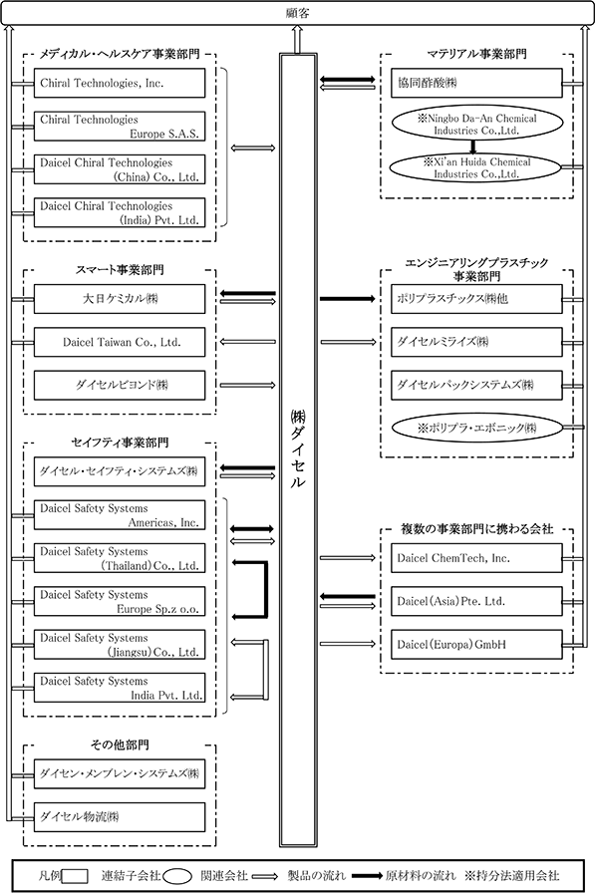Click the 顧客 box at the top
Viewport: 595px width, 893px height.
click(297, 13)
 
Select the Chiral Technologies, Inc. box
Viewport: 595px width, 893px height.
click(120, 83)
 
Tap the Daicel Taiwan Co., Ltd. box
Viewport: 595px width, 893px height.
click(120, 342)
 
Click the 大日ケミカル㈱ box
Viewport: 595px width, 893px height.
click(120, 299)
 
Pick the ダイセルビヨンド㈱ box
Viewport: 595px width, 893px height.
click(120, 386)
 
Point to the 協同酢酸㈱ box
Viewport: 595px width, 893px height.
click(476, 83)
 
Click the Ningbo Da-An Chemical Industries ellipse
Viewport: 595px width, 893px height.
click(476, 125)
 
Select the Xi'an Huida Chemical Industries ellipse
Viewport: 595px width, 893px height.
click(476, 167)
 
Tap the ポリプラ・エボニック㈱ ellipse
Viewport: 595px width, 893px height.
click(476, 429)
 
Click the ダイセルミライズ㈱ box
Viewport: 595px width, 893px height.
click(476, 342)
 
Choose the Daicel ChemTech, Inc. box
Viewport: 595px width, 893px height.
click(476, 558)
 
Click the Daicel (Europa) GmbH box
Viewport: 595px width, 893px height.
click(476, 645)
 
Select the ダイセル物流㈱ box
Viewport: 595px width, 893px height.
click(120, 817)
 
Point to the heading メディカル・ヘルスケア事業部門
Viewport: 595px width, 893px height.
click(120, 54)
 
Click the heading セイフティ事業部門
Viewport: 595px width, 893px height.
click(120, 443)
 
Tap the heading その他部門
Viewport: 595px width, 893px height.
click(120, 744)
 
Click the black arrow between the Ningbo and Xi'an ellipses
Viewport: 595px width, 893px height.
click(472, 146)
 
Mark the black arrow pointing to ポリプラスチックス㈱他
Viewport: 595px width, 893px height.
click(347, 298)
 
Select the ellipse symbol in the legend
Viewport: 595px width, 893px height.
click(177, 876)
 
